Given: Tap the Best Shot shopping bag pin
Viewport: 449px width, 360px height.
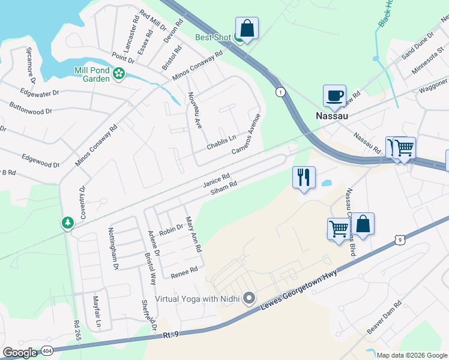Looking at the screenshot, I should [x=247, y=28].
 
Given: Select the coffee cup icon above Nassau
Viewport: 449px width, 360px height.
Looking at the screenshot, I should [x=334, y=95].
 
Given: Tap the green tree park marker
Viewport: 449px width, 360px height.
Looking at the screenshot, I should [x=68, y=223].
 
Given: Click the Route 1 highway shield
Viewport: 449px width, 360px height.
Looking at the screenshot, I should [x=280, y=92].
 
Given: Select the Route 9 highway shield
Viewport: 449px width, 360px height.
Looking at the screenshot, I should [x=399, y=240].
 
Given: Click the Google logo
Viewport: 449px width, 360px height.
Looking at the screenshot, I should [x=19, y=353].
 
